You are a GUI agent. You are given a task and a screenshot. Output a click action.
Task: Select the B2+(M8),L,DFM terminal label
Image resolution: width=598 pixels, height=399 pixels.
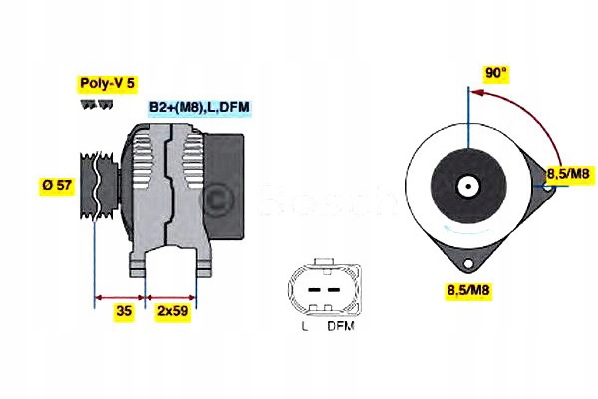200,106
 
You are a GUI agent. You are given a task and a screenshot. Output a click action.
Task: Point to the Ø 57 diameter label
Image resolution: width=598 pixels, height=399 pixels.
58,186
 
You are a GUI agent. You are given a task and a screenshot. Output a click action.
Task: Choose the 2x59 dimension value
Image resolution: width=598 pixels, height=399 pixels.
172,312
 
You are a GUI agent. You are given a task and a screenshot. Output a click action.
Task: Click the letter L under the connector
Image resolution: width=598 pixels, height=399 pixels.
303,325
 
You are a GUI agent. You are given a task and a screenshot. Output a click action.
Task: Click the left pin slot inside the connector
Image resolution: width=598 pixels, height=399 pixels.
310,292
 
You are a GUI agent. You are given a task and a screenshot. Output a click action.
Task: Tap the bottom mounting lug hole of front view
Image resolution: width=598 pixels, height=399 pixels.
466,262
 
